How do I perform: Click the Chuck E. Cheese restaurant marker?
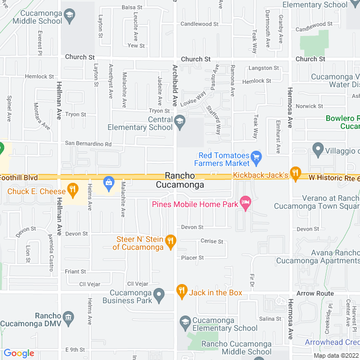tap(71, 189)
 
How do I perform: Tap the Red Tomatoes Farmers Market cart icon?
tap(256, 156)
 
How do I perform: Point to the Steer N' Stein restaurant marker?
tap(170, 242)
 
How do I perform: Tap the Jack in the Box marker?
tap(181, 291)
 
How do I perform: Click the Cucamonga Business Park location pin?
tap(159, 294)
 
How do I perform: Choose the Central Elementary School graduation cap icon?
tap(179, 120)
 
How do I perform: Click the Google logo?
tap(19, 353)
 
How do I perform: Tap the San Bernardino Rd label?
tap(88, 144)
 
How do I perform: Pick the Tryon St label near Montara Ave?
tap(75, 114)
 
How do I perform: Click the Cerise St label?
tap(211, 241)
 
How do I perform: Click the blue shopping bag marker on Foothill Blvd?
tap(108, 182)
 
